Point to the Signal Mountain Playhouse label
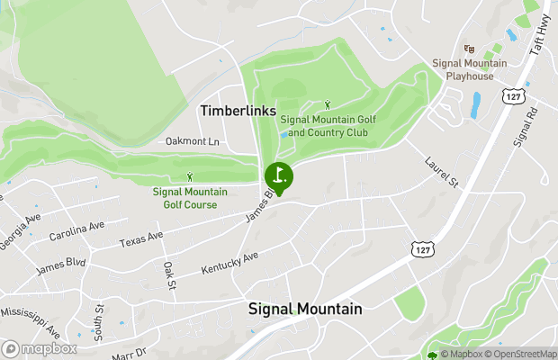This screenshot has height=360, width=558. pyautogui.click(x=469, y=69)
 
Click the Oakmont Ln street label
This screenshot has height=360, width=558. pyautogui.click(x=193, y=141)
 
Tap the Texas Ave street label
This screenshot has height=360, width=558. pyautogui.click(x=141, y=239)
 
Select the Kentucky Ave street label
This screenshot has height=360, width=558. pyautogui.click(x=229, y=263)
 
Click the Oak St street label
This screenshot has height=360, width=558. pyautogui.click(x=168, y=276)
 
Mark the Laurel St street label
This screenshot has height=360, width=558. pyautogui.click(x=442, y=173)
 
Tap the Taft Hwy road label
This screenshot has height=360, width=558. pyautogui.click(x=543, y=36)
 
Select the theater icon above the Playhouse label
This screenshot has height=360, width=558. pyautogui.click(x=468, y=49)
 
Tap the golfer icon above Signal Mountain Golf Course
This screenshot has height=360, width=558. pyautogui.click(x=189, y=177)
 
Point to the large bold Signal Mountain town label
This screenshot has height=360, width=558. pyautogui.click(x=305, y=310)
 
